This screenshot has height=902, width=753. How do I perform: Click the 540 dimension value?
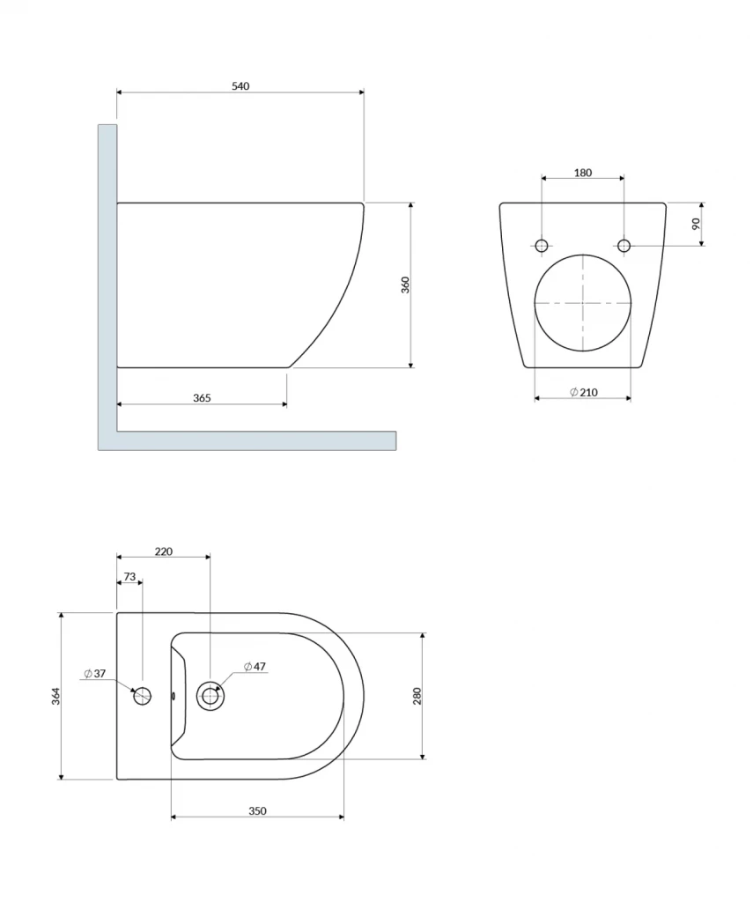click(240, 85)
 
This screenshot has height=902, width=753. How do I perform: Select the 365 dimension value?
click(202, 397)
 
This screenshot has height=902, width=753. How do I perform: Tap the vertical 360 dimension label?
click(405, 285)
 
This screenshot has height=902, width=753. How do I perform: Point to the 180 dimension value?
click(583, 173)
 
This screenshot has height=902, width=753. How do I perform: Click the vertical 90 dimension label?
click(696, 224)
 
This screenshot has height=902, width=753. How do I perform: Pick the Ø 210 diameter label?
click(583, 392)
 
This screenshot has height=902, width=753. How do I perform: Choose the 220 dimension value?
click(164, 551)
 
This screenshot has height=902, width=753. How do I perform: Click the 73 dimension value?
click(129, 576)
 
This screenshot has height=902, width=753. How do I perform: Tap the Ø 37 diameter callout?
click(95, 674)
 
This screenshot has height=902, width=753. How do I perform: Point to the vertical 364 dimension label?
click(55, 696)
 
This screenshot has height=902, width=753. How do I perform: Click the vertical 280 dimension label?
click(417, 696)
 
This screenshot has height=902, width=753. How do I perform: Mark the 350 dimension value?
click(257, 810)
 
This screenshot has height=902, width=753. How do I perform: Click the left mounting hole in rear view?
click(542, 245)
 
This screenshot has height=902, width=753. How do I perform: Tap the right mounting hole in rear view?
click(624, 245)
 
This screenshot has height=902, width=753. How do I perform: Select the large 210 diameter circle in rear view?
click(583, 302)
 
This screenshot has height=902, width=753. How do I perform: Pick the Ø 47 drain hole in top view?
click(210, 696)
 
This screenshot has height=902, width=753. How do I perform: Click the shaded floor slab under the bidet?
click(255, 440)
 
